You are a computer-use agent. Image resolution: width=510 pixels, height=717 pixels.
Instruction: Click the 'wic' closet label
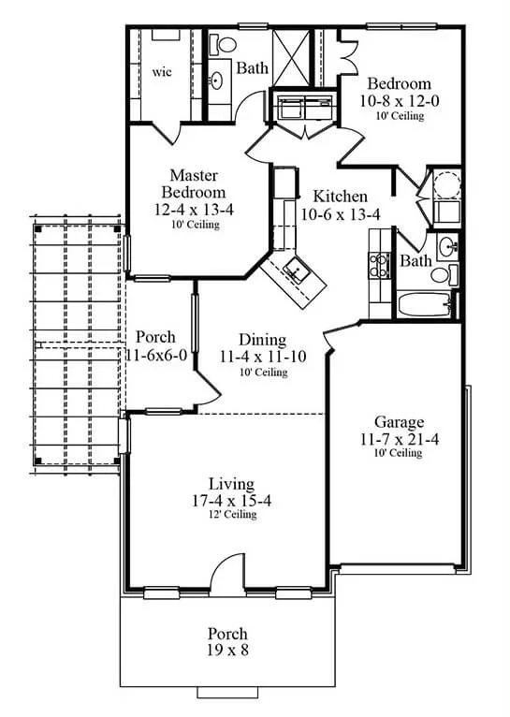coord(162,72)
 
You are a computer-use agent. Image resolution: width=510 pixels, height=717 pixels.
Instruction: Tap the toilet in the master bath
coord(223,44)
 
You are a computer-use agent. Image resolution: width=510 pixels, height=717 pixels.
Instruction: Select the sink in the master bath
coord(216,80)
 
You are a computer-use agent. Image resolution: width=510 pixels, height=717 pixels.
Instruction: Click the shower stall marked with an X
coord(291,58)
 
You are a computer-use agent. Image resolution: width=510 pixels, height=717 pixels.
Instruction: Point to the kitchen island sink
coord(297,270)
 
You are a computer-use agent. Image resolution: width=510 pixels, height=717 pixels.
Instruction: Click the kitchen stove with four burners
coord(379,265)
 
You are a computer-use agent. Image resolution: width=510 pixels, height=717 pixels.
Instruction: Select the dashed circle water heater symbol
coord(446,184)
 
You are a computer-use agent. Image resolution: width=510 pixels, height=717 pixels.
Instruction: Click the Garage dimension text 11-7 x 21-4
coord(399,439)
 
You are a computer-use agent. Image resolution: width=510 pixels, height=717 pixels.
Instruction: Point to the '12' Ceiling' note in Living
coord(232,514)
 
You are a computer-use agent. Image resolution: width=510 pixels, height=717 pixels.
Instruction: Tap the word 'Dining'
coord(263,340)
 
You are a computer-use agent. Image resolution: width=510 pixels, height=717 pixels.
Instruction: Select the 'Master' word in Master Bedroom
coord(194,175)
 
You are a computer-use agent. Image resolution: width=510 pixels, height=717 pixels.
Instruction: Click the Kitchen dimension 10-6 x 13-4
coord(340,214)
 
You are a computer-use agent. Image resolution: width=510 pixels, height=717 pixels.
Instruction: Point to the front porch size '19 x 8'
coord(227,650)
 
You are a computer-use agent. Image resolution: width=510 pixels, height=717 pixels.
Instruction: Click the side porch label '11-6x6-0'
coord(156,355)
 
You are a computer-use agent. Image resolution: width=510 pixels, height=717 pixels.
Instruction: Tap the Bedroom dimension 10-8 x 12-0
coord(399,100)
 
